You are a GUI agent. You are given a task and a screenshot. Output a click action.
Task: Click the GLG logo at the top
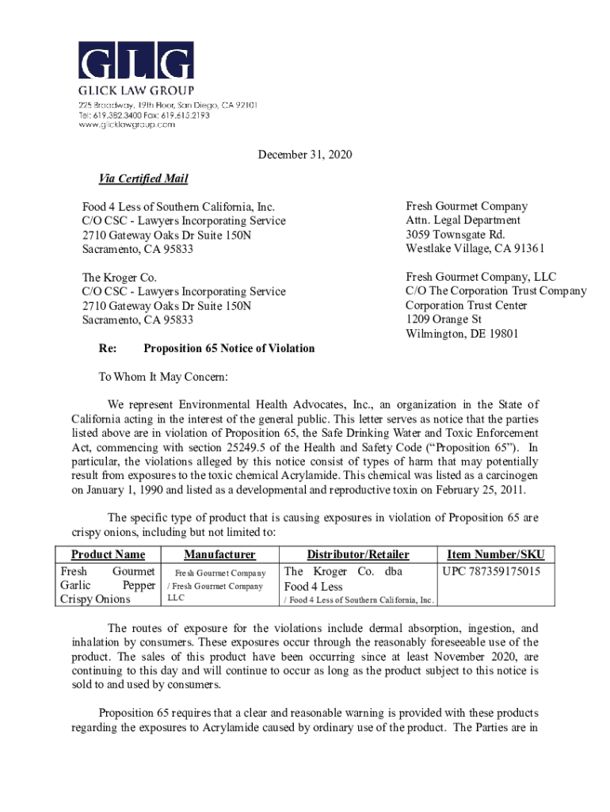(x=135, y=61)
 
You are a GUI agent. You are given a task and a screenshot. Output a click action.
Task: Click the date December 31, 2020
(x=305, y=155)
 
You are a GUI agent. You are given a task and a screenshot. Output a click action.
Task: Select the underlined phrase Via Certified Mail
(x=138, y=178)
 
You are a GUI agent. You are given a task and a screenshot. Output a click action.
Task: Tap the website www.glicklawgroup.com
(x=126, y=124)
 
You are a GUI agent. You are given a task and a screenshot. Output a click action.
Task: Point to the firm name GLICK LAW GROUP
(x=135, y=90)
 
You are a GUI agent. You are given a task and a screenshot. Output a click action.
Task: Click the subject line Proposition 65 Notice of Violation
(x=229, y=348)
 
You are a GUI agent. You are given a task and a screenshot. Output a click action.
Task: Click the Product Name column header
(x=108, y=554)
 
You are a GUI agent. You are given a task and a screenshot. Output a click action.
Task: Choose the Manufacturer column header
(x=219, y=554)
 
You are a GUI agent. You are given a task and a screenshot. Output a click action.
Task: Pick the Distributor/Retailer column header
(x=358, y=554)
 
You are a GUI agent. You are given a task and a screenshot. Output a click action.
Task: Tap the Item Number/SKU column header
(x=496, y=554)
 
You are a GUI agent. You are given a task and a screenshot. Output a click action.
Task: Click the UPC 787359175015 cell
(x=491, y=572)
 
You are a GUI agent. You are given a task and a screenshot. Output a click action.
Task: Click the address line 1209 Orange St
(x=444, y=320)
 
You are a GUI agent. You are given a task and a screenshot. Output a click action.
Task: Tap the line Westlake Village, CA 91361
(x=475, y=249)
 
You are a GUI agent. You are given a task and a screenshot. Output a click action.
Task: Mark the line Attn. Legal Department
(x=463, y=220)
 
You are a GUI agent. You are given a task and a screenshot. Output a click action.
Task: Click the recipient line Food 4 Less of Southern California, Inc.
(x=179, y=207)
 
